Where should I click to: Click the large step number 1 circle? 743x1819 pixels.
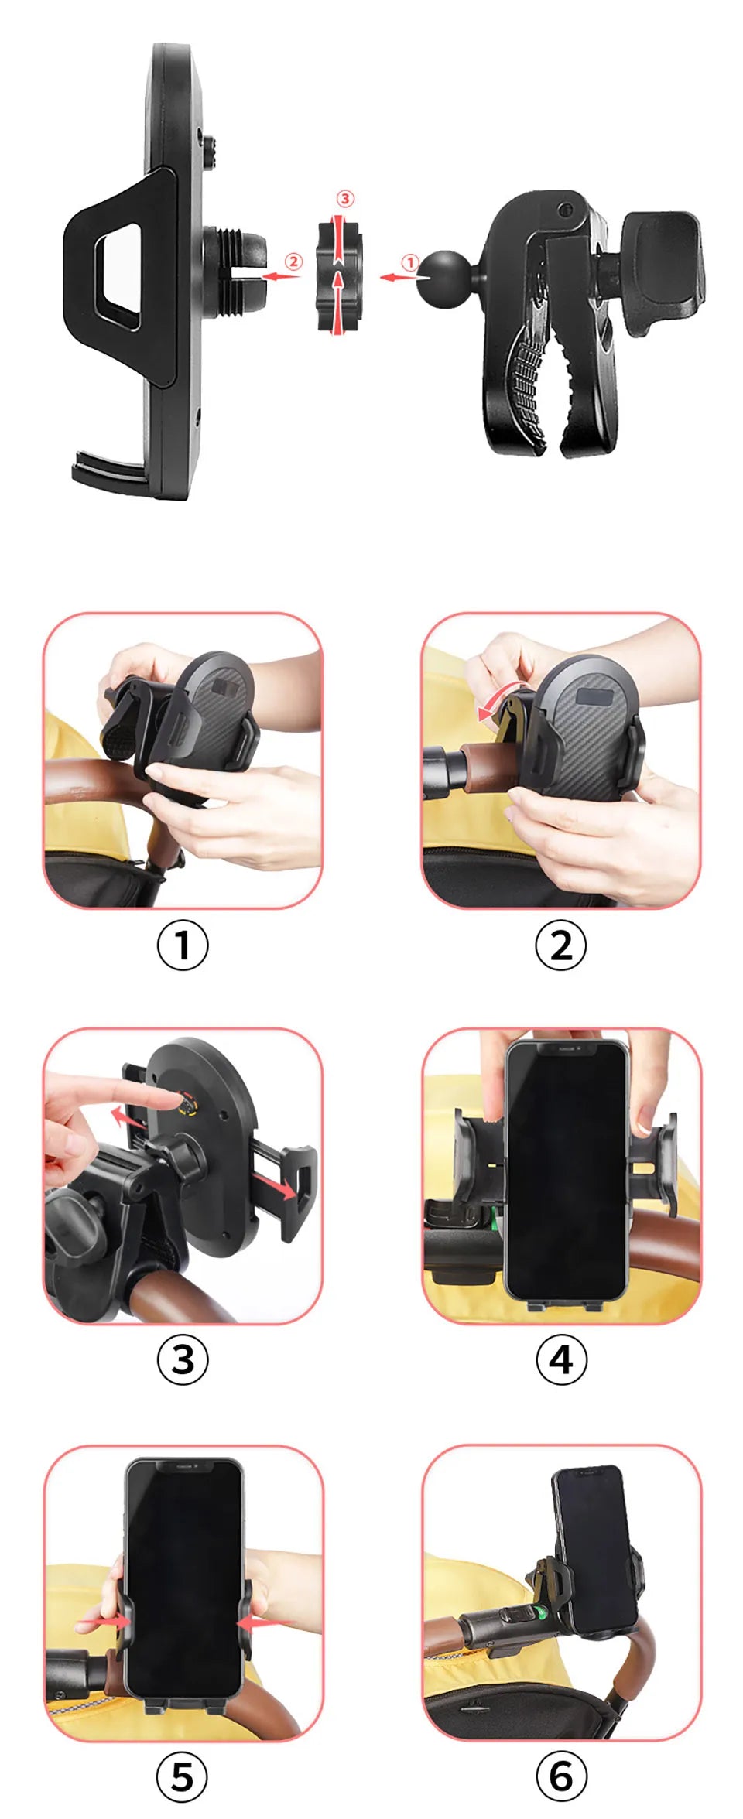pyautogui.click(x=183, y=945)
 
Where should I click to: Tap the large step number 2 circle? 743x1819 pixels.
pyautogui.click(x=561, y=945)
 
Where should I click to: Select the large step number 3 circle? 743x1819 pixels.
pyautogui.click(x=183, y=1359)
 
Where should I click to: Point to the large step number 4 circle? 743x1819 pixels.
pyautogui.click(x=561, y=1359)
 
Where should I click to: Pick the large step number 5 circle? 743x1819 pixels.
pyautogui.click(x=183, y=1776)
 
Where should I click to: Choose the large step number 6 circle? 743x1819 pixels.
pyautogui.click(x=561, y=1776)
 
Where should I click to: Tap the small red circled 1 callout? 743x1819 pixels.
pyautogui.click(x=410, y=263)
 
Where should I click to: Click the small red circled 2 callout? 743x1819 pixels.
pyautogui.click(x=293, y=262)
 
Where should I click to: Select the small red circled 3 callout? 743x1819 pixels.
pyautogui.click(x=345, y=199)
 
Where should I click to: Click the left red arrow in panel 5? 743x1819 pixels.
pyautogui.click(x=102, y=1621)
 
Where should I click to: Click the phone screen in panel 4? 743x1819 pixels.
pyautogui.click(x=566, y=1168)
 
